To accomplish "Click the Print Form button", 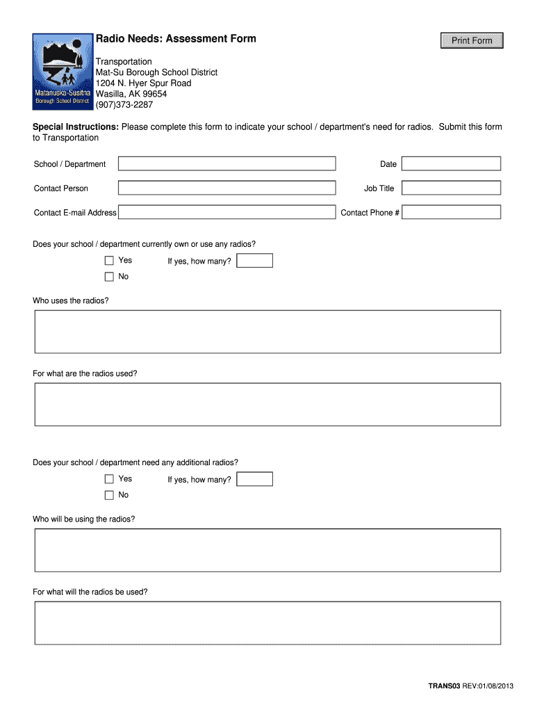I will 472,41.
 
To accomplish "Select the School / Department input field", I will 227,163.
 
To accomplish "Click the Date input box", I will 451,163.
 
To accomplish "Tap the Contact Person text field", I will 227,188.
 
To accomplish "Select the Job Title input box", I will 451,188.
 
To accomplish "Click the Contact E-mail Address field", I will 227,212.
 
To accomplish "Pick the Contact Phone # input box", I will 451,212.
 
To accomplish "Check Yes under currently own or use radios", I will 109,261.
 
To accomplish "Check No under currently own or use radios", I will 109,277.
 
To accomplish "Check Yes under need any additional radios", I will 109,479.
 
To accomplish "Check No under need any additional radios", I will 109,495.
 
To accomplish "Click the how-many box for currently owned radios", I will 254,261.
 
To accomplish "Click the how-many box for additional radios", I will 254,479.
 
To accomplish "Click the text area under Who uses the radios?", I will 267,332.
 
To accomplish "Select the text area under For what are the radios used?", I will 267,404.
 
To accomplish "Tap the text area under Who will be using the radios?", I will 267,550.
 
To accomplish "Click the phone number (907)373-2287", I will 124,104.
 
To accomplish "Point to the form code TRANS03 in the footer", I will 444,687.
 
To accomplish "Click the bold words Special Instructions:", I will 76,127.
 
